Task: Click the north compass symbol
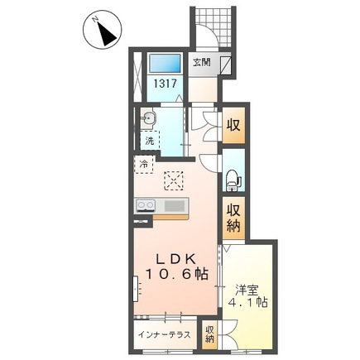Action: click(x=102, y=31)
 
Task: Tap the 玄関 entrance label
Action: click(x=201, y=63)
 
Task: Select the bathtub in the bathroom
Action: click(x=165, y=64)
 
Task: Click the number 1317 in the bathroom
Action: click(x=165, y=84)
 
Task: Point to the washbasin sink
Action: click(x=148, y=119)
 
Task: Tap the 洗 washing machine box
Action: click(x=150, y=140)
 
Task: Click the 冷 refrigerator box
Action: click(x=143, y=165)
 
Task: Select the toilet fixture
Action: click(x=233, y=180)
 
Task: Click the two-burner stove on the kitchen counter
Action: click(x=146, y=206)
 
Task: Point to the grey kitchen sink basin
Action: click(x=175, y=206)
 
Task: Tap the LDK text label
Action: click(x=176, y=259)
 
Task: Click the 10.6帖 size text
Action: click(x=176, y=274)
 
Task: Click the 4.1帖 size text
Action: click(x=247, y=303)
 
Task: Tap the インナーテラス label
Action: click(x=164, y=335)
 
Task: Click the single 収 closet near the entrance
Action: click(x=233, y=126)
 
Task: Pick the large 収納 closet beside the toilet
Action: click(x=233, y=218)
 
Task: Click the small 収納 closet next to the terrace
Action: click(x=209, y=334)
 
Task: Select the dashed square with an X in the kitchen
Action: click(x=174, y=180)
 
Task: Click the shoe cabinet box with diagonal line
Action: click(x=226, y=65)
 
